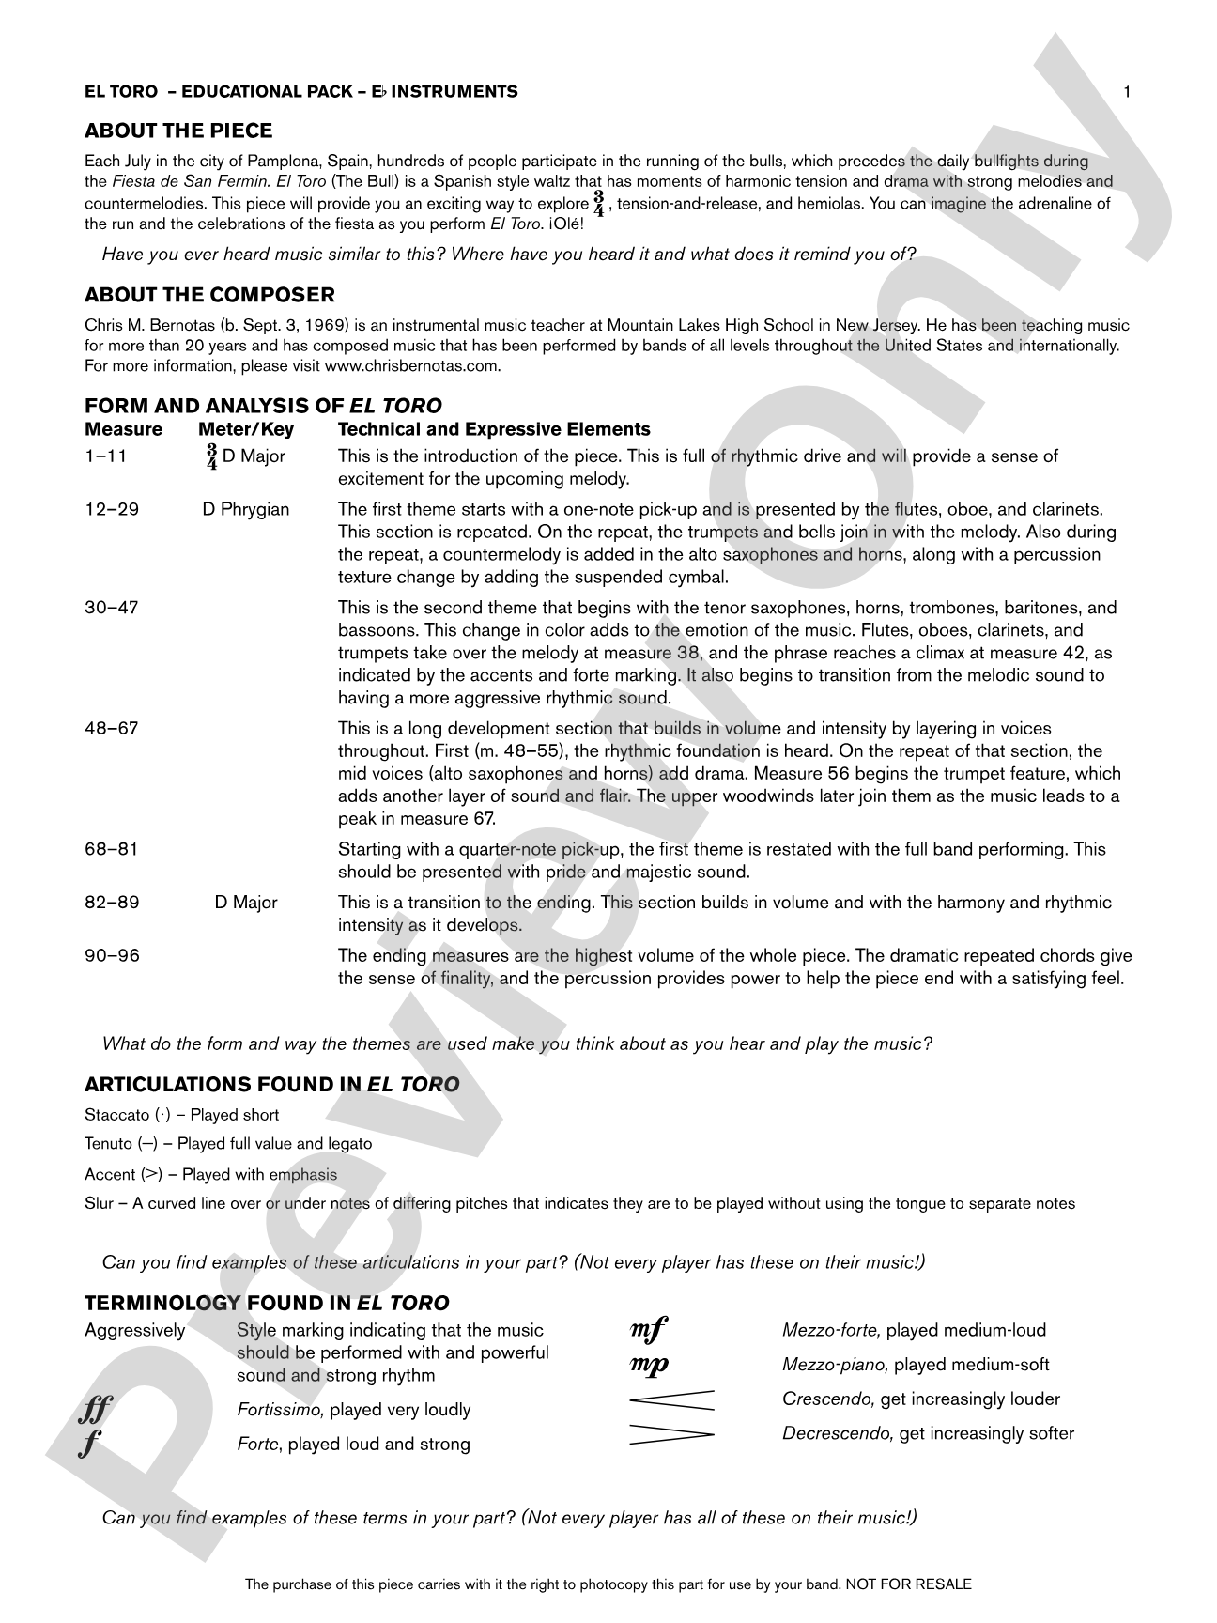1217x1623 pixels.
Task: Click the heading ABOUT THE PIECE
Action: [x=178, y=131]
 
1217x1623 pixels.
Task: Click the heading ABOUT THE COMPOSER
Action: [x=209, y=295]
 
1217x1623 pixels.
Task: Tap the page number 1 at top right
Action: [x=1127, y=91]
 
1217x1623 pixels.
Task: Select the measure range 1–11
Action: [x=105, y=456]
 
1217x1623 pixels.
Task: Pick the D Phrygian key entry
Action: [x=246, y=509]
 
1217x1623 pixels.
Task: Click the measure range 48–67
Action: [x=111, y=728]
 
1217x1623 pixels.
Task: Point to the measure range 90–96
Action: [x=111, y=955]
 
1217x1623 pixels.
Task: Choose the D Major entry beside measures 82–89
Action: [x=246, y=903]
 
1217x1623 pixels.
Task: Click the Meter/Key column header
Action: [x=246, y=429]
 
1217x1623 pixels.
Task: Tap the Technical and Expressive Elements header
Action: [x=494, y=429]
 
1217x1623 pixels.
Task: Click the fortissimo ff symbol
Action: [x=97, y=1410]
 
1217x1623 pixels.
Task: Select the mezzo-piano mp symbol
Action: [x=649, y=1365]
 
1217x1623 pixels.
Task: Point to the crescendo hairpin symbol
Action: [x=671, y=1399]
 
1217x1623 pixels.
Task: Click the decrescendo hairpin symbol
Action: [x=671, y=1434]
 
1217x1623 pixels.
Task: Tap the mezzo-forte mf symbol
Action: [x=648, y=1330]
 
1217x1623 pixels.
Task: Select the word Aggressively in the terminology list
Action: [x=134, y=1330]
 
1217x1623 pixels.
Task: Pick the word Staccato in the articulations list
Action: [x=116, y=1115]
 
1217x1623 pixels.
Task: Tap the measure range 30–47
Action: [x=111, y=608]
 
